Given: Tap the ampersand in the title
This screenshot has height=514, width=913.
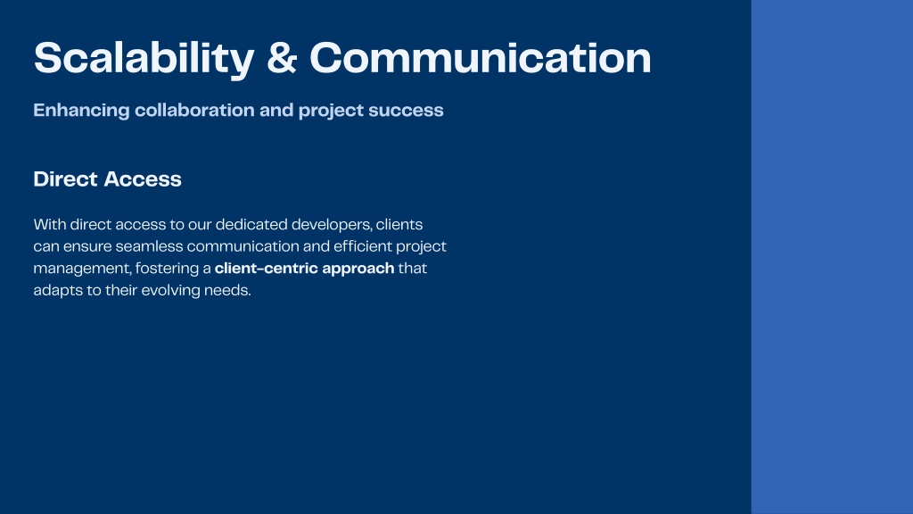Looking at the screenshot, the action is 282,58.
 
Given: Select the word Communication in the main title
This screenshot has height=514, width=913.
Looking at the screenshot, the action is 481,58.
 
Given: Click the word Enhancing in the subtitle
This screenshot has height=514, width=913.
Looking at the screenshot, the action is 81,111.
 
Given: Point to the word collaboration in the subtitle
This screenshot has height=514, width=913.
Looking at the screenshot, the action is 194,110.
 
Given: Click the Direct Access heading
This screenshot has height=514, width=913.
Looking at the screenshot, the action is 107,178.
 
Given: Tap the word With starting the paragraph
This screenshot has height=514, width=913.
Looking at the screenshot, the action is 50,224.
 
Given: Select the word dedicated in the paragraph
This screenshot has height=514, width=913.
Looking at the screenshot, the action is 251,224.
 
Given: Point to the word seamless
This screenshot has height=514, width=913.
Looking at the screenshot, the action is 149,246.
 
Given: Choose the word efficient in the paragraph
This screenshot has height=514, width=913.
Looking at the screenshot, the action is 363,246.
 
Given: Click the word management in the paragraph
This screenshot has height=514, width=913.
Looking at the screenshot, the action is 82,269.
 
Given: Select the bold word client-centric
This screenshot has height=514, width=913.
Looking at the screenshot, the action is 266,268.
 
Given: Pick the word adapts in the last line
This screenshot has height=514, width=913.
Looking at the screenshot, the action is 58,291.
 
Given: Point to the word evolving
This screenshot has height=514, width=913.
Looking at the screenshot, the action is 170,291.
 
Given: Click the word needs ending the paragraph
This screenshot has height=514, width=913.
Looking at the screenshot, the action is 227,291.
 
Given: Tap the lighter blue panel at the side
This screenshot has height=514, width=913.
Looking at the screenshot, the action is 832,257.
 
